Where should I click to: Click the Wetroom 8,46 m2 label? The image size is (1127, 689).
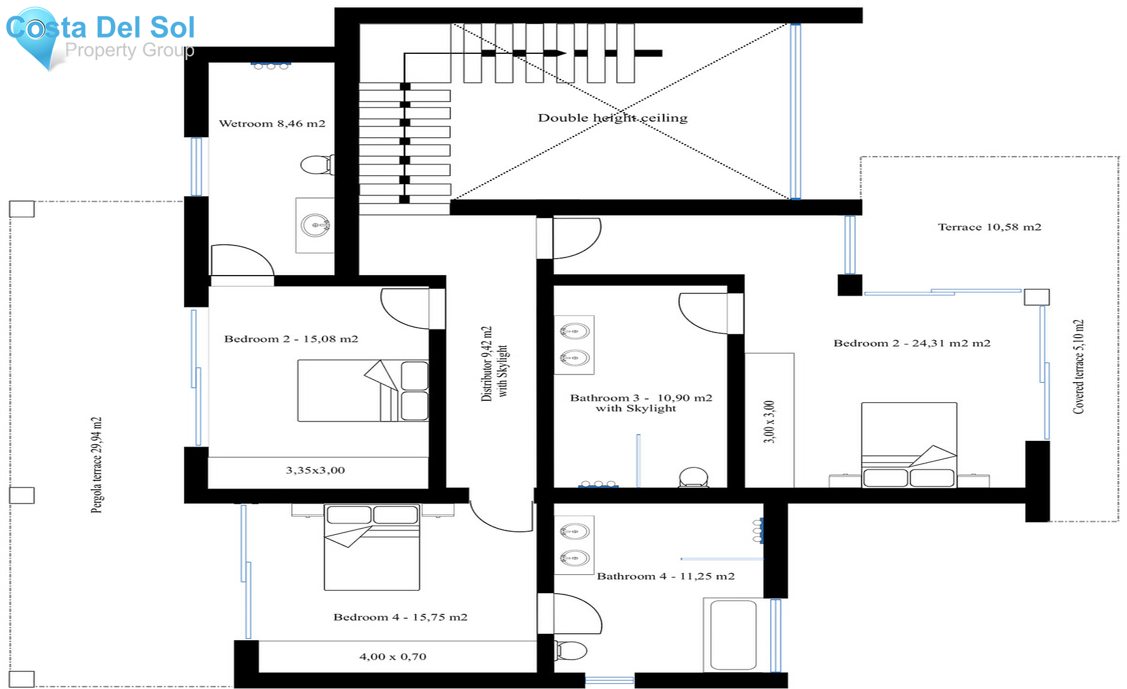[x=272, y=123]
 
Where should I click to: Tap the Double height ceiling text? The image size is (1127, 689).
[x=612, y=118]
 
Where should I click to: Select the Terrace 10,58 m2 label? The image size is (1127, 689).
[x=989, y=227]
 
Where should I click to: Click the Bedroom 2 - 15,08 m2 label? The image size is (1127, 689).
[x=291, y=339]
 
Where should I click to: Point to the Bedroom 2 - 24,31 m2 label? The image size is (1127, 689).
[x=912, y=343]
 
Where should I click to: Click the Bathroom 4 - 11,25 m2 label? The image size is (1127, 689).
[x=666, y=576]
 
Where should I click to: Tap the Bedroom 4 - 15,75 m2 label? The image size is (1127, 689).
[x=400, y=617]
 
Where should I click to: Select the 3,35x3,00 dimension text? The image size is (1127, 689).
[x=315, y=470]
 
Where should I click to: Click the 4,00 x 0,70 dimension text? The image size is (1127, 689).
[x=393, y=656]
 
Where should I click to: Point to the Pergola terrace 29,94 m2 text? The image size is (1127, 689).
[x=96, y=465]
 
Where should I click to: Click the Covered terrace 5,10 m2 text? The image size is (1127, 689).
[x=1078, y=366]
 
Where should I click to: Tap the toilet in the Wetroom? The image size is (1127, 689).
[x=316, y=165]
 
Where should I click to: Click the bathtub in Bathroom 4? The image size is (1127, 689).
[x=733, y=635]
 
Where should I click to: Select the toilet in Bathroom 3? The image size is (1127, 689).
[x=693, y=477]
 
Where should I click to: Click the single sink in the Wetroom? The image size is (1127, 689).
[x=315, y=225]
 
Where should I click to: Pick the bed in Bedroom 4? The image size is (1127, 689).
[x=372, y=547]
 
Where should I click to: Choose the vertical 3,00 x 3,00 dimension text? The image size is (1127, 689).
[x=769, y=422]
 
